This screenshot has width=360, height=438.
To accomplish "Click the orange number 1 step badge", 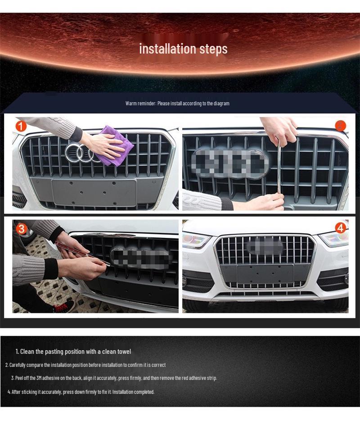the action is pyautogui.click(x=21, y=126).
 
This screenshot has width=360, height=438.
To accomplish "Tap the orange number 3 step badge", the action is pyautogui.click(x=21, y=229).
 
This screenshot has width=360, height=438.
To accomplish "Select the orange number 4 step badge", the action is pyautogui.click(x=341, y=228).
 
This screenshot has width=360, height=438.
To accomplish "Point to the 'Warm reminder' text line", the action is pyautogui.click(x=177, y=104).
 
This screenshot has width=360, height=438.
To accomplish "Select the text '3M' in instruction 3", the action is pyautogui.click(x=39, y=378).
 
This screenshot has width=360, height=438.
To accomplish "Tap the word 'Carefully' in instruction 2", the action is pyautogui.click(x=17, y=365).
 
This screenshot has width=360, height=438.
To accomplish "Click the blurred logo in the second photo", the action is pyautogui.click(x=229, y=163).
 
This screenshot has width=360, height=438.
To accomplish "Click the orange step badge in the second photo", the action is pyautogui.click(x=340, y=126).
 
